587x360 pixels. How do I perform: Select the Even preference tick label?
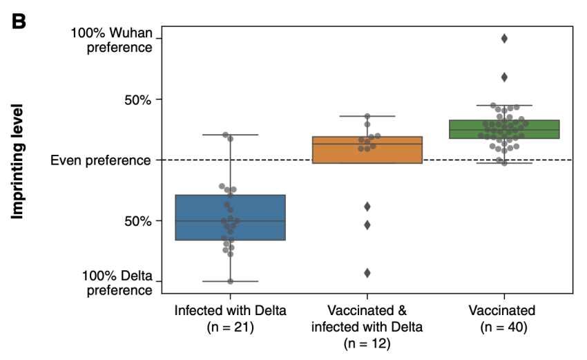point(101,160)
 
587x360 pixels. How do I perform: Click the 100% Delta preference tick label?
point(117,282)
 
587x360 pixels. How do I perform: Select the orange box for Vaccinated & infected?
point(367,150)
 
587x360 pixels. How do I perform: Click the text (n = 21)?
point(230,325)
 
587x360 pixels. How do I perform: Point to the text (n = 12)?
point(367,342)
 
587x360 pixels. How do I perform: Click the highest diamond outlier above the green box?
point(505,39)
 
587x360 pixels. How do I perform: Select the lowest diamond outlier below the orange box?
point(367,273)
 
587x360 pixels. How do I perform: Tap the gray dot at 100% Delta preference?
point(230,281)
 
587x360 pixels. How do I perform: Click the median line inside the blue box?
point(230,221)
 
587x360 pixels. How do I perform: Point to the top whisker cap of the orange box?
point(367,116)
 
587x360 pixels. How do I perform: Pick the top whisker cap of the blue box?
point(230,135)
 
